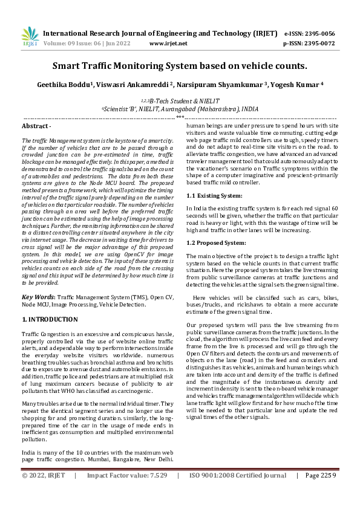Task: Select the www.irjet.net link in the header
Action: coord(168,44)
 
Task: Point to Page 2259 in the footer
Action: coord(320,492)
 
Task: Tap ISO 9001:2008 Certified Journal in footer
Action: coord(238,492)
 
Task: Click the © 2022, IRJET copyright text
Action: coord(44,492)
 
